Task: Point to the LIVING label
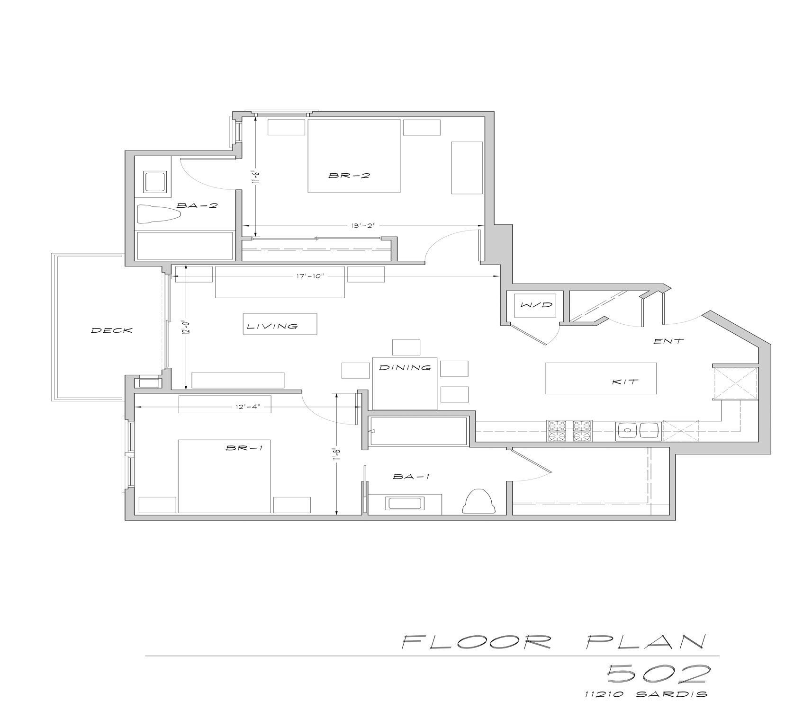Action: [272, 326]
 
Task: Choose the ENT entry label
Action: [668, 341]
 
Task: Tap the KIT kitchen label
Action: [625, 382]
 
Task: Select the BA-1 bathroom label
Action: [411, 477]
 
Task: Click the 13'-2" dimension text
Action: [363, 226]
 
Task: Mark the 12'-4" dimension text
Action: [247, 406]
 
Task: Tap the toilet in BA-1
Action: [478, 501]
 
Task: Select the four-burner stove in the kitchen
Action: [569, 431]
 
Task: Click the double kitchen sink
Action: [639, 431]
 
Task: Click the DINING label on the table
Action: [405, 367]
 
